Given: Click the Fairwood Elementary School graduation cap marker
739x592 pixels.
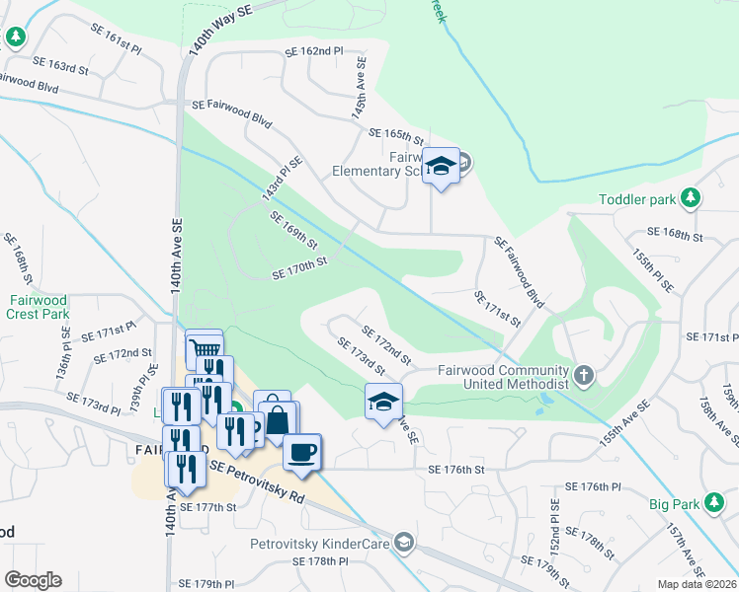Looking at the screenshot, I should (x=442, y=166).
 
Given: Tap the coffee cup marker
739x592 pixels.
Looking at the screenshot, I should (x=302, y=451).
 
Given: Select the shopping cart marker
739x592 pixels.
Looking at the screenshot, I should (x=205, y=348).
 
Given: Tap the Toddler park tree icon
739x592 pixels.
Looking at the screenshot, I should (x=692, y=198).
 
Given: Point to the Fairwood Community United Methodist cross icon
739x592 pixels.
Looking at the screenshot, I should (x=585, y=375).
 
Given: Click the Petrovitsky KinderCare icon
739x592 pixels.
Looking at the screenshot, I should (x=403, y=542).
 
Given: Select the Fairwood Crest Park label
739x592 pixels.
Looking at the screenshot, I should (x=39, y=306).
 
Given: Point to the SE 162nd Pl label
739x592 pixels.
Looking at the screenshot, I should (x=313, y=50).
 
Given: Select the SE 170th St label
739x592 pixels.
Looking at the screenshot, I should (x=299, y=263).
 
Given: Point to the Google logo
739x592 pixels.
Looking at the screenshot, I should (x=33, y=580).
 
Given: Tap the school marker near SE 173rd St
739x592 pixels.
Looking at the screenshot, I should (x=383, y=401).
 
